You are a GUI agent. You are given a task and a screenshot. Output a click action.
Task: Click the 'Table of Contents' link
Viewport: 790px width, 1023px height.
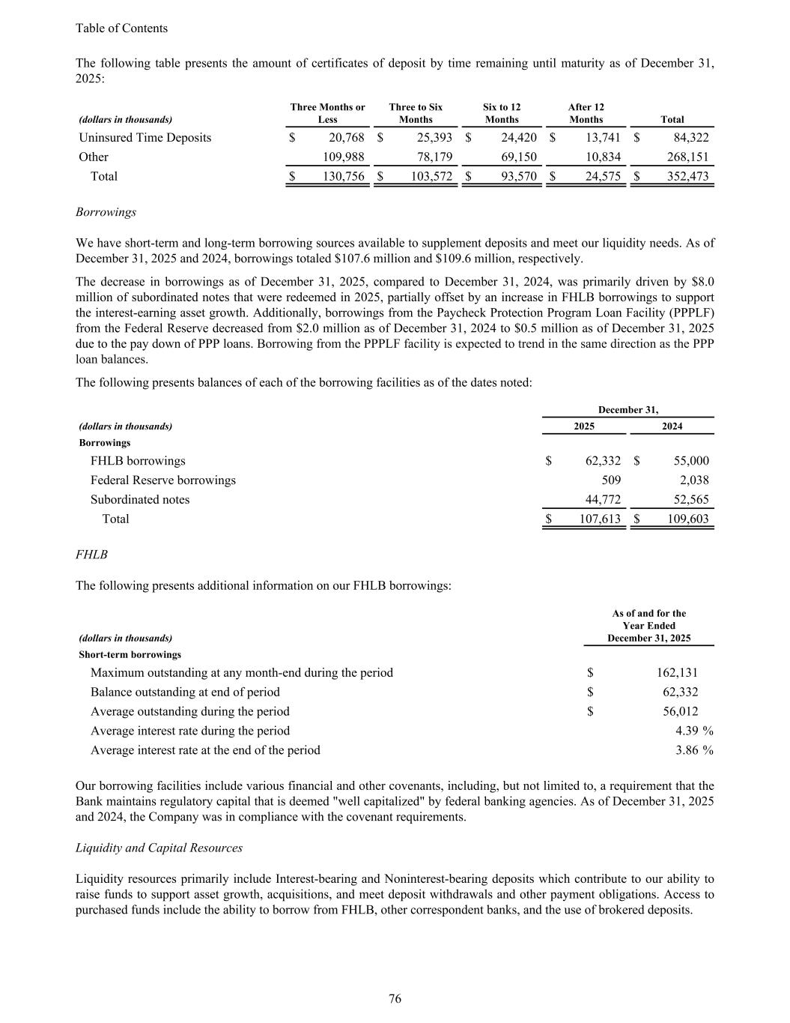click(x=121, y=28)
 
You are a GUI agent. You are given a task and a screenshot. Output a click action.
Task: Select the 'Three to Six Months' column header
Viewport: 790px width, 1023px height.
click(x=416, y=113)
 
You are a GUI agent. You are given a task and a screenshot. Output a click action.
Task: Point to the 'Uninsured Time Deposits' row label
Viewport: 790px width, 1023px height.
click(x=145, y=138)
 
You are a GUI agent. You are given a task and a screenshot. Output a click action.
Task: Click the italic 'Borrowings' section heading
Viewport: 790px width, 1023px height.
click(x=106, y=212)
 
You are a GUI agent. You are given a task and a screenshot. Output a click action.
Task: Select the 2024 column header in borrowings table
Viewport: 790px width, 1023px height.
click(x=672, y=426)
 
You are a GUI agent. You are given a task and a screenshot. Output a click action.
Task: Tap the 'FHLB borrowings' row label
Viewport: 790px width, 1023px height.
click(x=138, y=461)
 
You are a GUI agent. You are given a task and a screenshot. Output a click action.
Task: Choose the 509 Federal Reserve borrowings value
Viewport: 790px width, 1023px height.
click(x=611, y=480)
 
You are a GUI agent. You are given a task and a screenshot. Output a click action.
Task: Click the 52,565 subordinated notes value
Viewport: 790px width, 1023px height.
click(x=688, y=500)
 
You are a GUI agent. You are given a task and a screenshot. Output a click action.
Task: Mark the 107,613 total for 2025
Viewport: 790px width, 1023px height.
click(x=601, y=519)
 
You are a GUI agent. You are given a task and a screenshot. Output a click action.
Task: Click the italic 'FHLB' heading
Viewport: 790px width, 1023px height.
click(x=91, y=555)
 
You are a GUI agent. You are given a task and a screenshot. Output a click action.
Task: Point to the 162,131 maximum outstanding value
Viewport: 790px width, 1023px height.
click(x=677, y=673)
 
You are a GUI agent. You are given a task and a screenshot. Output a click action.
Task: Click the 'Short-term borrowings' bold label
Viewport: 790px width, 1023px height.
click(x=130, y=655)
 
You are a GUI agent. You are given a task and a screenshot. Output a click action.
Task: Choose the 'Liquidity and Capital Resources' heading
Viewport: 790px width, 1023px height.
click(x=159, y=848)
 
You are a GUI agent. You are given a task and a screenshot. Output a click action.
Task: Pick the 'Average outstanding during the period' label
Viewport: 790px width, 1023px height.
click(x=189, y=711)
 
